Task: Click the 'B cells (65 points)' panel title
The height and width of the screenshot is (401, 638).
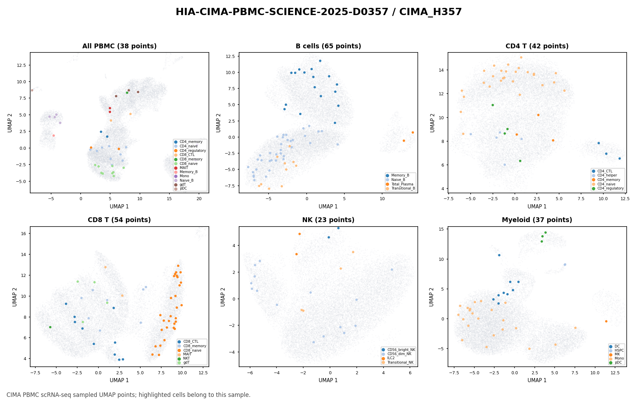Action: pos(328,46)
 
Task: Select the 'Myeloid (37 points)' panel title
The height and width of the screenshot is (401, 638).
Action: pos(537,220)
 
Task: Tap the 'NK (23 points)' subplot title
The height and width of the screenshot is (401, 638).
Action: pos(328,220)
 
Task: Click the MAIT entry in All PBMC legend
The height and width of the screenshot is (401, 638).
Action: pos(184,168)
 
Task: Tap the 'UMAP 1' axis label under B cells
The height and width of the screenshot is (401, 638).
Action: pos(328,207)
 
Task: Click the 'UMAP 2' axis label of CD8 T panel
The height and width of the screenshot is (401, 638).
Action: pos(15,297)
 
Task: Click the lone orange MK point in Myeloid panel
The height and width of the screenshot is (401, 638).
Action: pos(606,321)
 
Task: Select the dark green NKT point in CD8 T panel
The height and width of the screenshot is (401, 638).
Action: pos(50,327)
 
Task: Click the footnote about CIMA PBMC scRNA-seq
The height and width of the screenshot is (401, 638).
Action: pos(129,395)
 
